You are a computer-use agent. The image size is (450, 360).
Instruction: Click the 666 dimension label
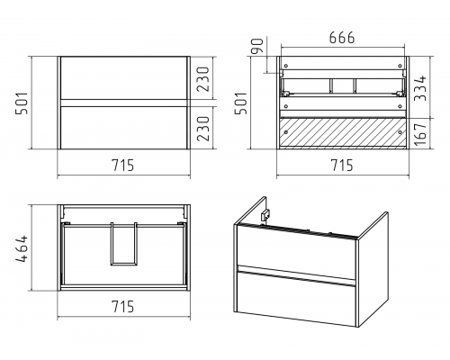(342, 38)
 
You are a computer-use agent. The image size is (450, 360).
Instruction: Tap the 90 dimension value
(257, 46)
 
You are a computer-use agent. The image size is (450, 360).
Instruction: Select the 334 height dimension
(420, 88)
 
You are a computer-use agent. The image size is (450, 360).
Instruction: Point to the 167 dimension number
(420, 133)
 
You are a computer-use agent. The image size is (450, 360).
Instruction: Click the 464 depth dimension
(22, 249)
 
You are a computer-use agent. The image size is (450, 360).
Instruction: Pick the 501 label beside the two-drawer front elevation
(22, 103)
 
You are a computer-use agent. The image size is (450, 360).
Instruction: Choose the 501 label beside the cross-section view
(240, 103)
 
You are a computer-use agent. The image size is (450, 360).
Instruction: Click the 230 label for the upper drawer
(203, 79)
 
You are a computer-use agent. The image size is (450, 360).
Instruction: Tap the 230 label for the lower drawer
(203, 129)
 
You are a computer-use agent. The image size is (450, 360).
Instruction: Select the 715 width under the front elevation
(123, 166)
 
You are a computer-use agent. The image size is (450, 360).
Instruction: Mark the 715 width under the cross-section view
(342, 166)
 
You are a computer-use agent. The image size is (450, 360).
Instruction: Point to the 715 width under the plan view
(123, 306)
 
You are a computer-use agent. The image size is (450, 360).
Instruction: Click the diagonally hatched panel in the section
(342, 132)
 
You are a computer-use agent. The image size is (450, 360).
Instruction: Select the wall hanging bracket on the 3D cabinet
(265, 214)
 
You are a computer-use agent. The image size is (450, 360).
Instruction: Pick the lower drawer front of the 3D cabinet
(296, 298)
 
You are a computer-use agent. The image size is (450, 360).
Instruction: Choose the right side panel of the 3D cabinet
(372, 269)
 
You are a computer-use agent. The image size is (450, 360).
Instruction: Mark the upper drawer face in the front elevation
(124, 77)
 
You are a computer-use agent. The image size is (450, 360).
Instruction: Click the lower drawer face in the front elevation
(124, 128)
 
